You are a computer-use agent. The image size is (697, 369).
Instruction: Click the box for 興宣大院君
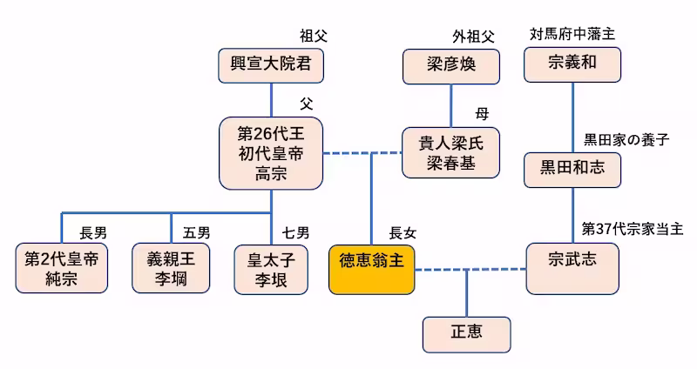click(271, 65)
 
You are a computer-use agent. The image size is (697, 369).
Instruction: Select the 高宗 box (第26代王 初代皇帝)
click(271, 153)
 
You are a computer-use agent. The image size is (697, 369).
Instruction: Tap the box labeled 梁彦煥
click(451, 65)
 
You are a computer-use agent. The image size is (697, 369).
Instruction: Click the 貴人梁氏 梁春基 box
click(450, 153)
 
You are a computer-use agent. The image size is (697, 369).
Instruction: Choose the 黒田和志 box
click(572, 169)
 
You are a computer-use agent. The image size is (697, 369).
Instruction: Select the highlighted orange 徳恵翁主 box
click(371, 269)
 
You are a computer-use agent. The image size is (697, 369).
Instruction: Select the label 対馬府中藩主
click(572, 35)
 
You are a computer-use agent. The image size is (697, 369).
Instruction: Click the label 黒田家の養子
click(626, 139)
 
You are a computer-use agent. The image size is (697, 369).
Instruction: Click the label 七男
click(295, 232)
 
